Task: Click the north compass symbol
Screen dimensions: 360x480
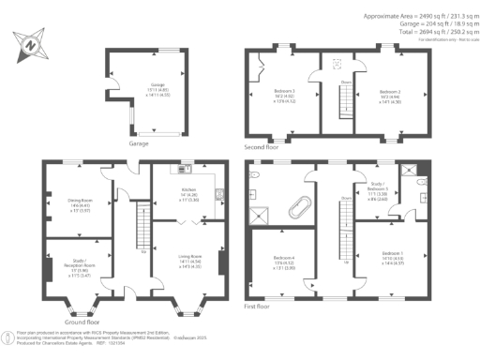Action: tap(32, 43)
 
